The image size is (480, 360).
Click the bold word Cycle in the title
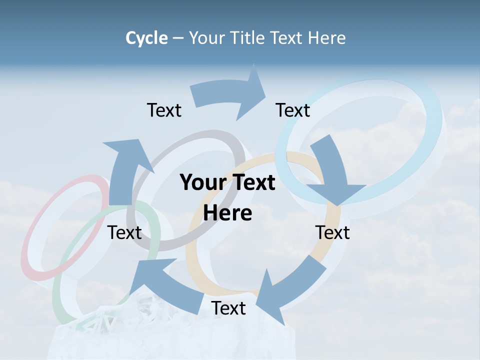tap(146, 38)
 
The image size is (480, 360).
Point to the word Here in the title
tap(327, 38)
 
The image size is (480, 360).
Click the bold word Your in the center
tap(202, 183)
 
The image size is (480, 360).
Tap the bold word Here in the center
tap(227, 213)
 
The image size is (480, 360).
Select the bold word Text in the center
tap(252, 183)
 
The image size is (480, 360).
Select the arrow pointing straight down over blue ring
tap(332, 170)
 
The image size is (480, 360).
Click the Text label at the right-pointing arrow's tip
tap(293, 110)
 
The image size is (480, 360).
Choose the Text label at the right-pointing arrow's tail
tap(164, 110)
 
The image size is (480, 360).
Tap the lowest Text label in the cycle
tap(228, 308)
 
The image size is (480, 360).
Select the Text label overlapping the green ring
tap(124, 232)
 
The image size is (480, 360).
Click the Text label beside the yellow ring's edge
tap(332, 232)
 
